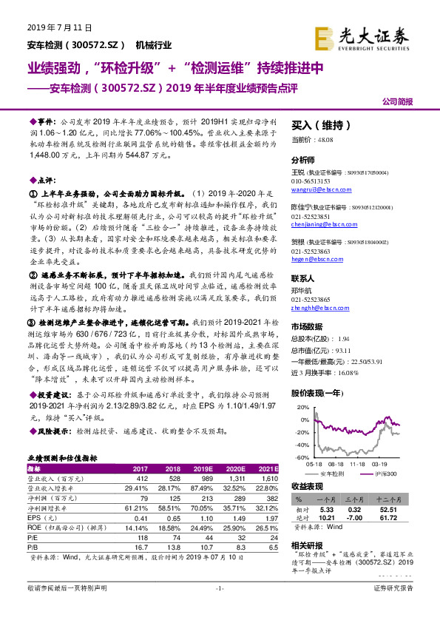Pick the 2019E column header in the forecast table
point(203,469)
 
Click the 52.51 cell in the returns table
point(404,510)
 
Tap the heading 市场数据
point(307,326)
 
